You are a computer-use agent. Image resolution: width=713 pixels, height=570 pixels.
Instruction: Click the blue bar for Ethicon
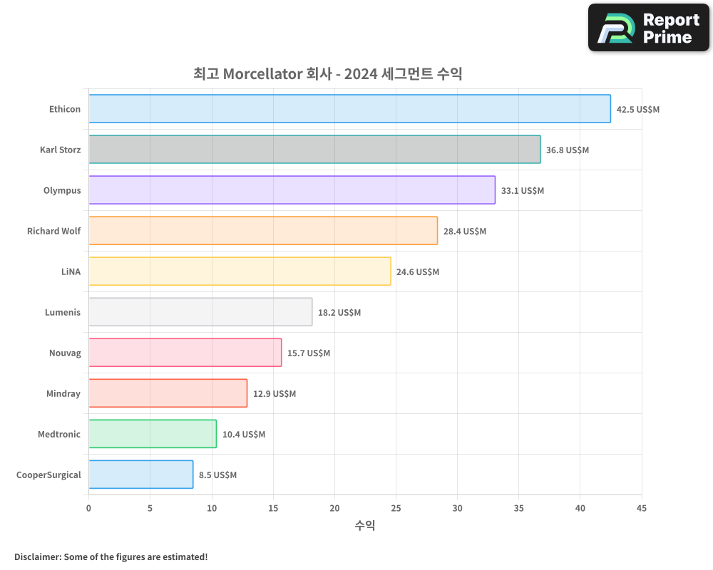click(x=349, y=109)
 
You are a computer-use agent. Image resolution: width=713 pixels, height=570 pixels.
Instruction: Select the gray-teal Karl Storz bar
click(x=314, y=150)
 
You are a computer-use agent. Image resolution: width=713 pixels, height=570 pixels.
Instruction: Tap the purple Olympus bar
click(x=292, y=190)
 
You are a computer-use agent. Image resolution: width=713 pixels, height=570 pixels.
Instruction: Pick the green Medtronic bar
click(x=153, y=434)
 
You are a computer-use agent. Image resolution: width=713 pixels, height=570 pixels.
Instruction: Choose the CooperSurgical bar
click(x=140, y=475)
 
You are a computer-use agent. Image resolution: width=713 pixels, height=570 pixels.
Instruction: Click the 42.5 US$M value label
click(x=638, y=109)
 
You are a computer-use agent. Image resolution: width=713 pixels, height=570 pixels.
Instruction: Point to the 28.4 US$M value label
click(x=465, y=231)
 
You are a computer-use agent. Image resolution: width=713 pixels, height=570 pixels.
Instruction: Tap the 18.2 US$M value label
click(x=339, y=312)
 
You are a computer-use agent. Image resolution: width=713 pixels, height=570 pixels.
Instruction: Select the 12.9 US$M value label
click(x=275, y=393)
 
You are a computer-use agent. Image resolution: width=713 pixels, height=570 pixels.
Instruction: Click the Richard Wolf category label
click(x=53, y=231)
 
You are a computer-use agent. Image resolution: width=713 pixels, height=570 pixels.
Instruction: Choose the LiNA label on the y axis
click(x=71, y=271)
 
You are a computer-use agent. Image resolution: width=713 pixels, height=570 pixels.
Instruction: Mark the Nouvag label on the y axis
click(x=65, y=353)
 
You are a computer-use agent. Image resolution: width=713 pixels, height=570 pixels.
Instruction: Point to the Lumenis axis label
click(x=63, y=312)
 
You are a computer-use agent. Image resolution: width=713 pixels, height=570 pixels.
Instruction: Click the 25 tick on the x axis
click(x=396, y=508)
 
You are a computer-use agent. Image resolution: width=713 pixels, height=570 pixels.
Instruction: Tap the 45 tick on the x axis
click(x=642, y=508)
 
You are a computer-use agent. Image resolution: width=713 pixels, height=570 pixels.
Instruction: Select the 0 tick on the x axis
click(x=88, y=508)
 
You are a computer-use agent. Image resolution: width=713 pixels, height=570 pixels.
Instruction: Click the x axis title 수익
click(x=365, y=526)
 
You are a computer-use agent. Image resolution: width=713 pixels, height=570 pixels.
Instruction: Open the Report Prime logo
click(x=648, y=28)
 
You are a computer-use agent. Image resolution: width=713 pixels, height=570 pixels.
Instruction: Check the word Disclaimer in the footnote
click(x=37, y=556)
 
